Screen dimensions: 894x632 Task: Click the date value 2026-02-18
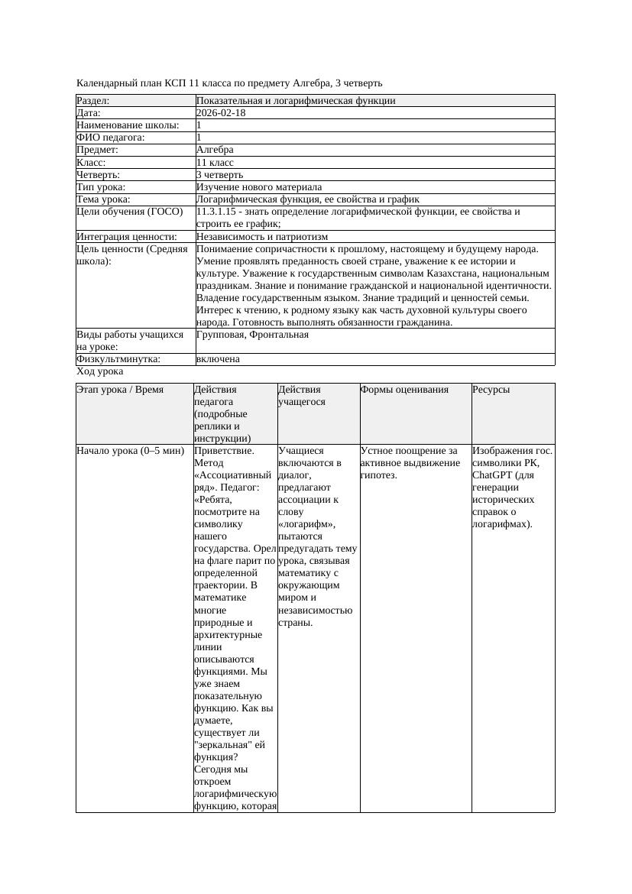click(x=221, y=113)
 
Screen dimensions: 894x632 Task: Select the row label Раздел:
click(x=93, y=101)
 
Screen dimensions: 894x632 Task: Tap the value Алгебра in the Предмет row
click(x=215, y=150)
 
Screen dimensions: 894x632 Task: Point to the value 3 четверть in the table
click(x=219, y=175)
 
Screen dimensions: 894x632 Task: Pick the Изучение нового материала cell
click(x=259, y=187)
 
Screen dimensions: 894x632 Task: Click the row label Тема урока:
click(x=104, y=199)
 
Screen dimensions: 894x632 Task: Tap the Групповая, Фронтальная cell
click(x=252, y=335)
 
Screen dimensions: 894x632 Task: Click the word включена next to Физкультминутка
click(x=218, y=359)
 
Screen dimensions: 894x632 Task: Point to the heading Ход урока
click(x=100, y=371)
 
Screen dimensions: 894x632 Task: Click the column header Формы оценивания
click(x=404, y=390)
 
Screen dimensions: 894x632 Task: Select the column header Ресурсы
click(x=491, y=390)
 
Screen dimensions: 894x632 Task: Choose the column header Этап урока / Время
click(x=120, y=390)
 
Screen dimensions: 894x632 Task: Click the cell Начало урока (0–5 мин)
click(x=131, y=451)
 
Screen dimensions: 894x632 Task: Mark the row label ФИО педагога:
click(x=111, y=138)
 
